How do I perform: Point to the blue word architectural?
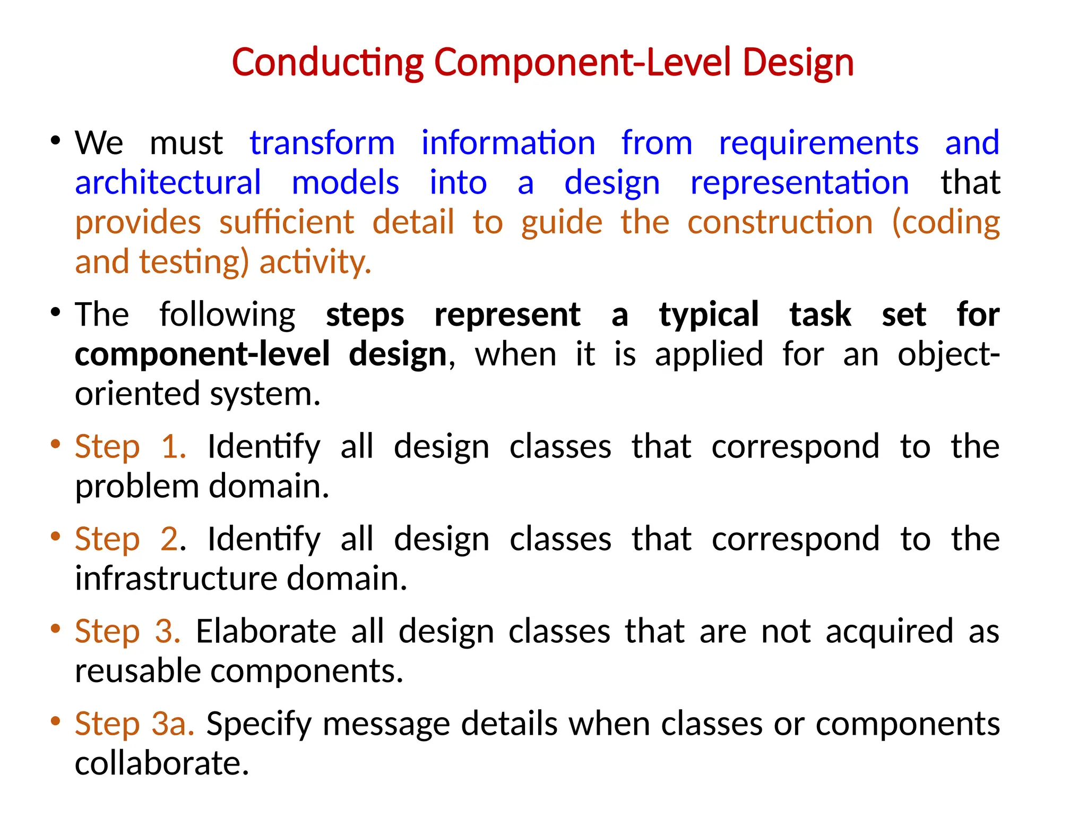(168, 183)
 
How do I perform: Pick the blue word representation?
(799, 183)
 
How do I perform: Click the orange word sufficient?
(287, 222)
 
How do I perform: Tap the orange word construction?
(780, 222)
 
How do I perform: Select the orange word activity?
(315, 262)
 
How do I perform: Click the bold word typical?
(709, 314)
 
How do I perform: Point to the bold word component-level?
(202, 354)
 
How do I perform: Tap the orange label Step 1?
(130, 446)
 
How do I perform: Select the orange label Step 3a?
(134, 724)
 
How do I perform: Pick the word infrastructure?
(175, 578)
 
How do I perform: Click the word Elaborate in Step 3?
(266, 631)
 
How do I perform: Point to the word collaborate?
(162, 763)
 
